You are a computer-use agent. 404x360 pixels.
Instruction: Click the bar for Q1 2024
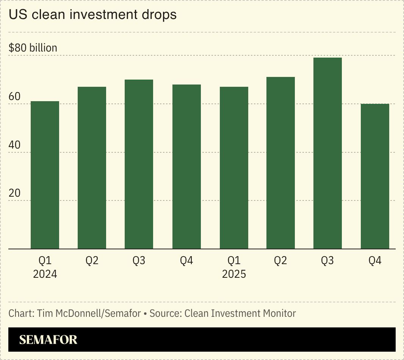(45, 175)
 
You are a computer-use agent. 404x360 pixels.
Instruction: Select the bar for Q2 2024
(92, 168)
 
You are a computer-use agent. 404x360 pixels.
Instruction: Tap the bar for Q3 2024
(139, 164)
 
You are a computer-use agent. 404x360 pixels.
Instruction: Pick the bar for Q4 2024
(186, 167)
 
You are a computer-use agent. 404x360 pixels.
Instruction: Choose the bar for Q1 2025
(234, 168)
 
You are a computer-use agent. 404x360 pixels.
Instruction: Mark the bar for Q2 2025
(280, 163)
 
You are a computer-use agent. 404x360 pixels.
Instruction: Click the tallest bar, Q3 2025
(328, 153)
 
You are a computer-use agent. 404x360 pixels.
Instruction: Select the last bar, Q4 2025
(375, 176)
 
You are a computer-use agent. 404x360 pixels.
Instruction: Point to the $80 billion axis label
(33, 48)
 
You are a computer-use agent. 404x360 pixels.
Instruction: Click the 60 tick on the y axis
(14, 97)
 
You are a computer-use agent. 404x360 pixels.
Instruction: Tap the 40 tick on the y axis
(14, 145)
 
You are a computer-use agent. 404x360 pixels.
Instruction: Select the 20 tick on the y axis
(14, 193)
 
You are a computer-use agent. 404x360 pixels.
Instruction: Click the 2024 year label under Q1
(45, 274)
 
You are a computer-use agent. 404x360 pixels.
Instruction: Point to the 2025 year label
(234, 274)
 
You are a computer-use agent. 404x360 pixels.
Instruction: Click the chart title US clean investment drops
(92, 15)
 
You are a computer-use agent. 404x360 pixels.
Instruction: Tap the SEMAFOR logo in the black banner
(48, 340)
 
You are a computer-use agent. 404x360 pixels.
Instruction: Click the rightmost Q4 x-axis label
(375, 261)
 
